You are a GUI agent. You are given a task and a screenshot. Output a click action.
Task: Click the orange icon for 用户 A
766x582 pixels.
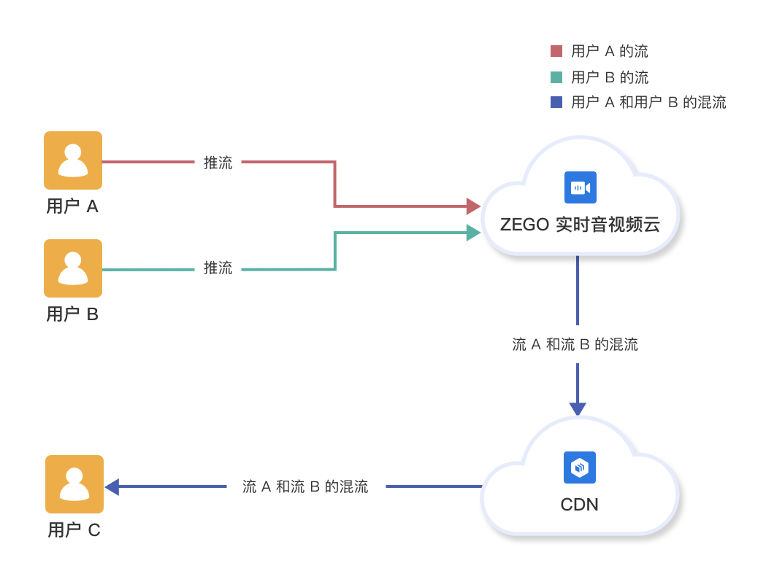[x=73, y=160]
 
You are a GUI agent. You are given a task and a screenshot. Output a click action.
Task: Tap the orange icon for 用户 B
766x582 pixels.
[x=73, y=268]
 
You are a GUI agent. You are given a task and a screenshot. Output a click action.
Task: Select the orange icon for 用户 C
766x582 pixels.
[x=74, y=484]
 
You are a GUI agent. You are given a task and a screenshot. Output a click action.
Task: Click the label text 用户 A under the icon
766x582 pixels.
[x=72, y=206]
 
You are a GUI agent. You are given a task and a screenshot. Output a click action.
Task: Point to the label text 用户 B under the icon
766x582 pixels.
[x=72, y=314]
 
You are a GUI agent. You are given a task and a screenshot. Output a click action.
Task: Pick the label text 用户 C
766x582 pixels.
[x=74, y=530]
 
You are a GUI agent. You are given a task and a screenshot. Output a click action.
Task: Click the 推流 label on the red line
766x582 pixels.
[x=218, y=163]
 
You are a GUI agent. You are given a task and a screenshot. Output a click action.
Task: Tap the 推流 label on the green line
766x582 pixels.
[x=218, y=268]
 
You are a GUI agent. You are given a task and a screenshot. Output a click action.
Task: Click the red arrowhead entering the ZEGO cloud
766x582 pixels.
[x=473, y=206]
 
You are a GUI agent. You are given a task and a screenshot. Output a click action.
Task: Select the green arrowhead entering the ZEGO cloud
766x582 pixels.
[x=473, y=233]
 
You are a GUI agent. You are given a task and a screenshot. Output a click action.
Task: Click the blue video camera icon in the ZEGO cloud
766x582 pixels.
[x=581, y=187]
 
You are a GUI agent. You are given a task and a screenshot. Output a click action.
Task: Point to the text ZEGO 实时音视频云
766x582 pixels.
[x=580, y=225]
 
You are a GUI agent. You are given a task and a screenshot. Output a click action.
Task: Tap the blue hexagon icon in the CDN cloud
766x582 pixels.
[x=580, y=467]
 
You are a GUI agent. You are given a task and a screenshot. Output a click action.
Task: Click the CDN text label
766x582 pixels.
[x=579, y=505]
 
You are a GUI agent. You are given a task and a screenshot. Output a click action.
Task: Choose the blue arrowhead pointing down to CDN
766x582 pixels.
[x=578, y=408]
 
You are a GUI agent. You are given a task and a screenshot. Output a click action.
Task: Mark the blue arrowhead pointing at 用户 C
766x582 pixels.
[x=112, y=486]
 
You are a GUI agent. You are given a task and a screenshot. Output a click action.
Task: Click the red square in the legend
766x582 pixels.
[x=556, y=51]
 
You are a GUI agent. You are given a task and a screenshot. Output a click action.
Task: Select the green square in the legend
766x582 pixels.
[x=556, y=77]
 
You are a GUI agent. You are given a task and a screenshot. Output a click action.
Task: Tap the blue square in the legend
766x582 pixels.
[x=556, y=102]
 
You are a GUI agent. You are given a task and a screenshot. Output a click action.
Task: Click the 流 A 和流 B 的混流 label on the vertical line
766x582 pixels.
[x=575, y=344]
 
